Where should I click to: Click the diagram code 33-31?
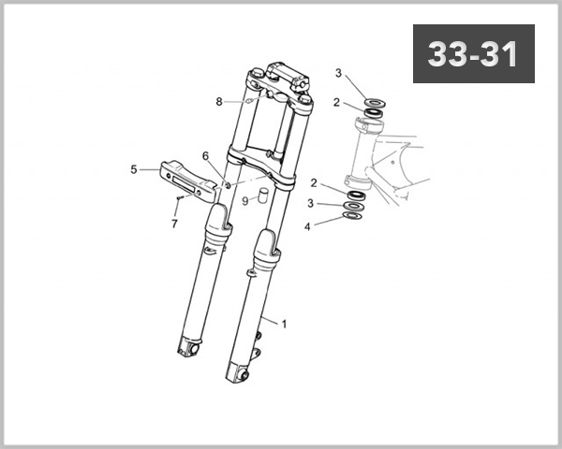coord(473,54)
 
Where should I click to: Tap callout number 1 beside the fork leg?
coord(284,324)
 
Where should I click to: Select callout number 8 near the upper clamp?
coord(219,101)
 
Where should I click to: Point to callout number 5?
coord(133,170)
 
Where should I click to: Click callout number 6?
coord(205,155)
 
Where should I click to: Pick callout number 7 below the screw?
coord(174,224)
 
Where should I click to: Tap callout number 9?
coord(244,200)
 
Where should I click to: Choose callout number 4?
coord(307,225)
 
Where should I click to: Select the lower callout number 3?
coord(310,204)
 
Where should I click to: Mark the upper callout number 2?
coord(336,103)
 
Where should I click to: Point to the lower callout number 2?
coord(315,183)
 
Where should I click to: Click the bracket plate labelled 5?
coord(184,177)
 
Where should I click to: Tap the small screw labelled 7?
coord(177,198)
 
